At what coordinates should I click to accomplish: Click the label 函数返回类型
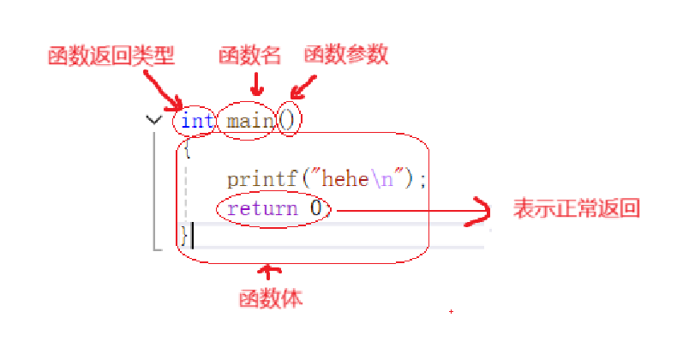[111, 57]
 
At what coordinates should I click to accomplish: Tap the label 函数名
[249, 57]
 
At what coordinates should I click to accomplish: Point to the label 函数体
[270, 300]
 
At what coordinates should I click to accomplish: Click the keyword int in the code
[197, 121]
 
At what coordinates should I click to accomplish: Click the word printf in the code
[256, 180]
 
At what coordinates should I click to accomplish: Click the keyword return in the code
[262, 208]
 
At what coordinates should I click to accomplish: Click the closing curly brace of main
[184, 234]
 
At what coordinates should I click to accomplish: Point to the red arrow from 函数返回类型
[163, 89]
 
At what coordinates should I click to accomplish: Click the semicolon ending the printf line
[422, 180]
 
